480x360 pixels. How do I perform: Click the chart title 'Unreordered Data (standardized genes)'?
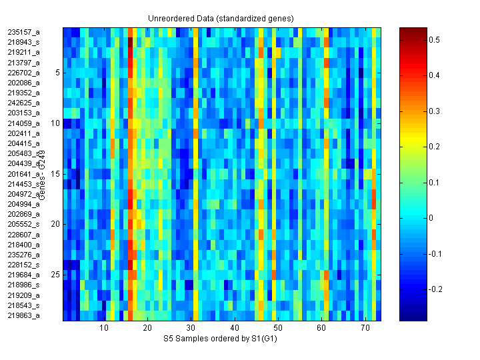coord(220,17)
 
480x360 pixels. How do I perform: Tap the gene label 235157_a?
coord(23,31)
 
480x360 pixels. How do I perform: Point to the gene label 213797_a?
coord(23,62)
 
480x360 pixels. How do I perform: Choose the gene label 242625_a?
coord(23,103)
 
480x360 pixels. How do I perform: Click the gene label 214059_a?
coord(23,123)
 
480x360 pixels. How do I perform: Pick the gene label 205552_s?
coord(23,224)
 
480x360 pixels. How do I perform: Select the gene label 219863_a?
coord(23,315)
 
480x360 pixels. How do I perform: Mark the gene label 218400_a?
coord(23,244)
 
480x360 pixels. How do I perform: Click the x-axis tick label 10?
coord(104,328)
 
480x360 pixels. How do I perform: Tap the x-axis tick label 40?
coord(235,328)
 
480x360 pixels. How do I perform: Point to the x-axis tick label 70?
coord(365,328)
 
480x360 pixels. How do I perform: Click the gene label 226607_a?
coord(23,234)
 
